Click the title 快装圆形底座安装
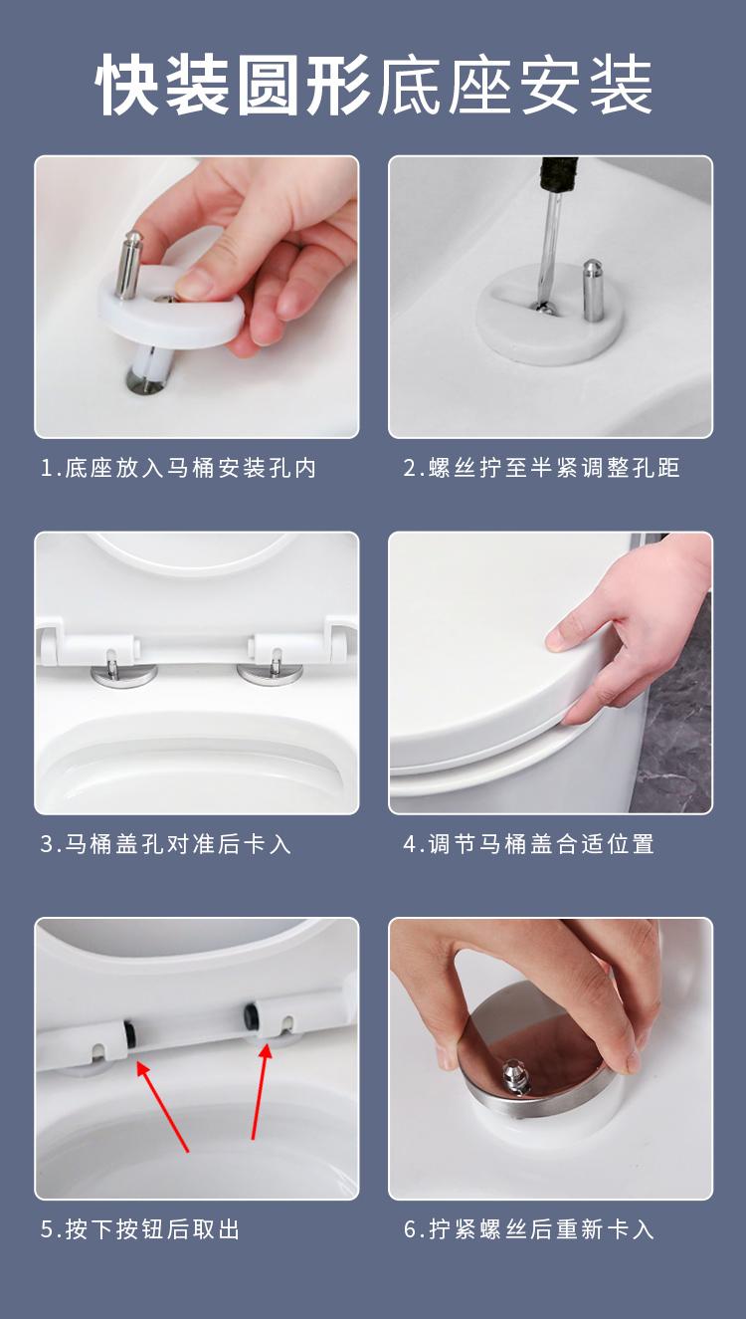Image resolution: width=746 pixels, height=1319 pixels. point(374,86)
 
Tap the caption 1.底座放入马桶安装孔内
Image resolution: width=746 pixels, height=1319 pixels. point(179,468)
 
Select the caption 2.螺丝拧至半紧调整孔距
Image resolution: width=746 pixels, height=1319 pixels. point(542,468)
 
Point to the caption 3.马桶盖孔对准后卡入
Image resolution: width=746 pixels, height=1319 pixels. point(166,844)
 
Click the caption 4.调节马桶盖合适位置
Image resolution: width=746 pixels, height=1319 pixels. point(529,844)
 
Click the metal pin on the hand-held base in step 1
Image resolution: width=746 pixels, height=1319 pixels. point(128,265)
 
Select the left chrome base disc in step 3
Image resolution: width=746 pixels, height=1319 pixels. point(124,674)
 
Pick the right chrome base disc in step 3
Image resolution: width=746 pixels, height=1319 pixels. point(270,674)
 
